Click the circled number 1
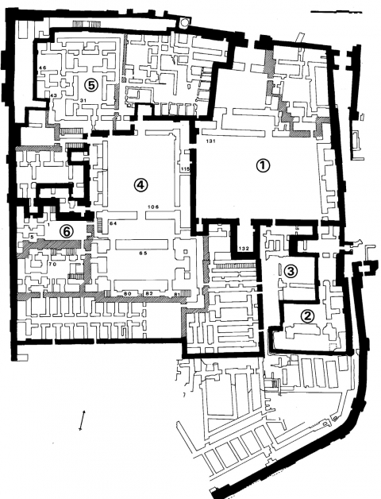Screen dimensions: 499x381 click(263, 165)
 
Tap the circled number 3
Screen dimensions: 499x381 click(291, 270)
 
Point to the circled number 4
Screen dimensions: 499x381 click(140, 184)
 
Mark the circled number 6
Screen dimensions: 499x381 click(67, 230)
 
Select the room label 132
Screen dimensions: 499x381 click(244, 249)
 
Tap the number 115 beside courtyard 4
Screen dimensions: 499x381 click(185, 169)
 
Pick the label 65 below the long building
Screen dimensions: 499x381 click(144, 253)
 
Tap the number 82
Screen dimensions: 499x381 click(148, 293)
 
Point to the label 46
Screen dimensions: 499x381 click(43, 68)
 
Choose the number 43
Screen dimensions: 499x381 click(52, 95)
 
